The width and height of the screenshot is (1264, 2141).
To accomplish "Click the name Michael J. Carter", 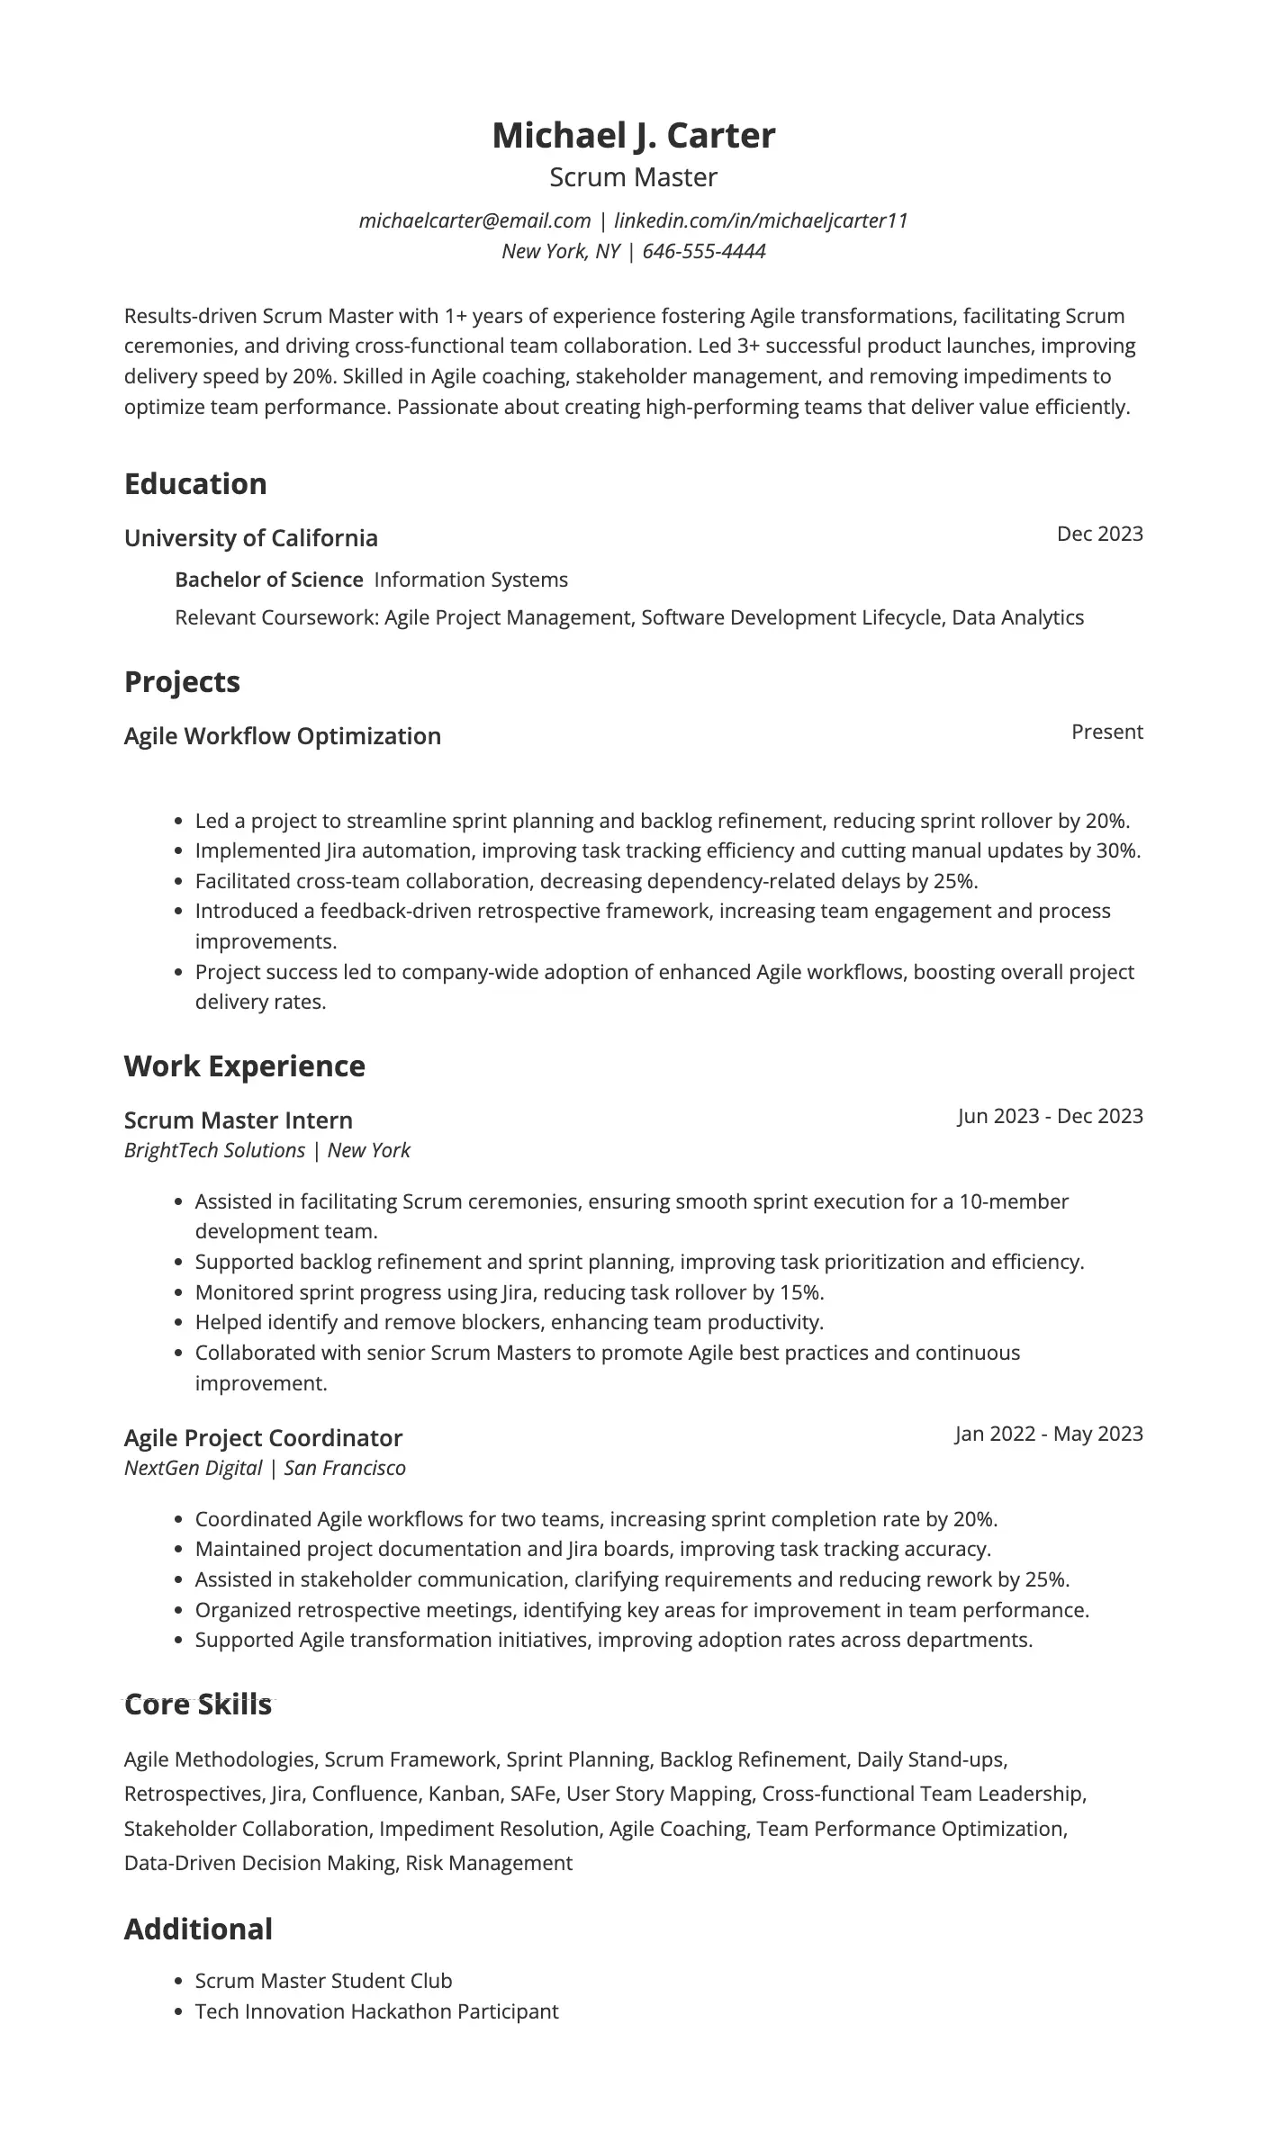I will pyautogui.click(x=633, y=135).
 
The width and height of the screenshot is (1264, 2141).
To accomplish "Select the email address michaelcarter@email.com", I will pyautogui.click(x=474, y=220).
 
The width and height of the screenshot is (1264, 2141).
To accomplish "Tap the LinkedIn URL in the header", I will pyautogui.click(x=761, y=220).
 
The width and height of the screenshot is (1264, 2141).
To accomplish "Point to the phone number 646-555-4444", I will pyautogui.click(x=704, y=251).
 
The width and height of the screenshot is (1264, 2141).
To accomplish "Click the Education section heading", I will pyautogui.click(x=195, y=484).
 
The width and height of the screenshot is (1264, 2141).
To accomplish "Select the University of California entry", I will pyautogui.click(x=251, y=538).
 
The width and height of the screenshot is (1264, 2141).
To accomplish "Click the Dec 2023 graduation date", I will pyautogui.click(x=1099, y=534).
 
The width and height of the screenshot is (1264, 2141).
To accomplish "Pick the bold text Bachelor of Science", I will pyautogui.click(x=268, y=580).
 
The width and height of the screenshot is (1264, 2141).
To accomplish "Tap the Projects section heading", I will pyautogui.click(x=182, y=682).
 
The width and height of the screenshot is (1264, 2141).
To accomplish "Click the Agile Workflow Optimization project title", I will pyautogui.click(x=283, y=736).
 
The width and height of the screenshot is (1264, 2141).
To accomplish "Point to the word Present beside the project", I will pyautogui.click(x=1106, y=732).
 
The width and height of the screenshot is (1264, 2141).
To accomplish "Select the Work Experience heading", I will pyautogui.click(x=245, y=1066).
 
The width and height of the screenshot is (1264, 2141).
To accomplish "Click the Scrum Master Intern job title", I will pyautogui.click(x=239, y=1120).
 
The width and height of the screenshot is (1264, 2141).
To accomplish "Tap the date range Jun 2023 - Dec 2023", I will pyautogui.click(x=1050, y=1116).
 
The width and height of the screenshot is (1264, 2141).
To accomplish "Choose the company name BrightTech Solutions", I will pyautogui.click(x=214, y=1150).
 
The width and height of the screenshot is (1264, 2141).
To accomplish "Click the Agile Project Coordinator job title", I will pyautogui.click(x=263, y=1438).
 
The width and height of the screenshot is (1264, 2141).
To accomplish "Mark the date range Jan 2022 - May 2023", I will pyautogui.click(x=1049, y=1434).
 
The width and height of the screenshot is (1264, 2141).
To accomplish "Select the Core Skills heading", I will pyautogui.click(x=198, y=1705).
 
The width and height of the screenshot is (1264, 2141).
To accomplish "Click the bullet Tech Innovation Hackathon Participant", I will pyautogui.click(x=376, y=2011).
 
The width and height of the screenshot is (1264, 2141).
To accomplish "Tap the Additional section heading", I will pyautogui.click(x=198, y=1930).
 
